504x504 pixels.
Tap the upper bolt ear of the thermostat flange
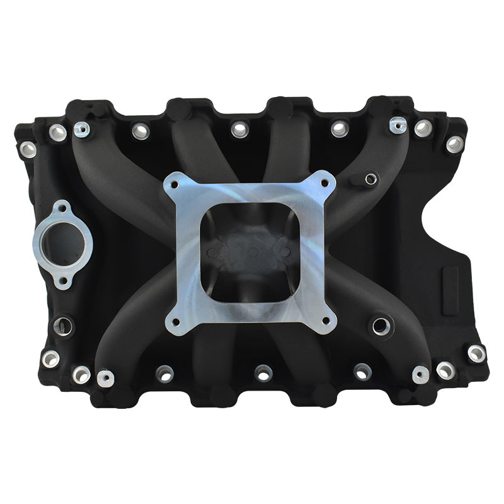pos(62,206)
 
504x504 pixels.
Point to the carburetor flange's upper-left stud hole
pos(176,184)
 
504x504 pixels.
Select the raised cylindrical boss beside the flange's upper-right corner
pos(370,180)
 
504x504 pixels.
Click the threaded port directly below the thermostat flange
pos(62,325)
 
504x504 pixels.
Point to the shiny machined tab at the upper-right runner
pos(397,125)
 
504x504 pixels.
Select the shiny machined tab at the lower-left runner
pos(105,378)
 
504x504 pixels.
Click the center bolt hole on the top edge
pos(239,129)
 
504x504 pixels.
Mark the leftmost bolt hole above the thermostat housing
pos(28,149)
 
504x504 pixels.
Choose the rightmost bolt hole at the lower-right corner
pos(476,353)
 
